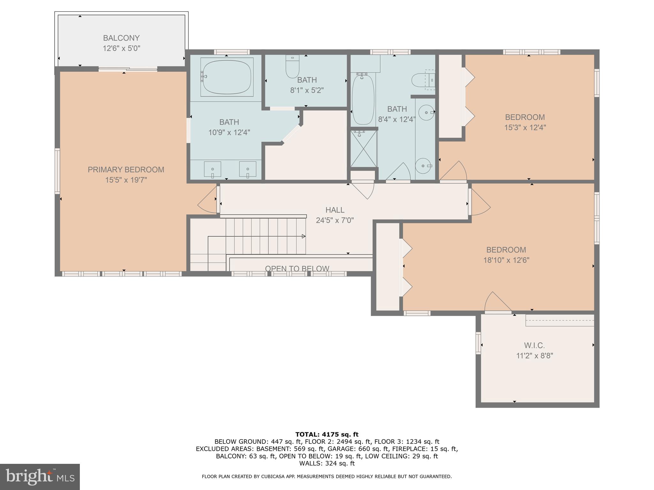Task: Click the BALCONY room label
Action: click(121, 38)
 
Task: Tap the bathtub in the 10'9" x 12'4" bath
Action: click(227, 77)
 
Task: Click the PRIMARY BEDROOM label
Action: click(126, 170)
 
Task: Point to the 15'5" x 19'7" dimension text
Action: click(126, 180)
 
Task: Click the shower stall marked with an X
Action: click(364, 149)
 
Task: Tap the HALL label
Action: click(335, 210)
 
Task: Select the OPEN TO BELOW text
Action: click(297, 269)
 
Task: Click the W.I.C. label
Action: click(534, 345)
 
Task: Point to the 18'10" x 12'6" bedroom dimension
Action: click(506, 260)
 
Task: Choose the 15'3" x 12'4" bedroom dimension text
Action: click(525, 128)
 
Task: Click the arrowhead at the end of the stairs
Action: click(304, 236)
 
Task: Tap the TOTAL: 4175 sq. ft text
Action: click(327, 434)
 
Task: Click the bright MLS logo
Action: click(40, 477)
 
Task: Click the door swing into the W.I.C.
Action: click(497, 302)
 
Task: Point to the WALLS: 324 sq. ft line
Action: click(327, 464)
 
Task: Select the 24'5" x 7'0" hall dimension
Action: click(335, 220)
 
